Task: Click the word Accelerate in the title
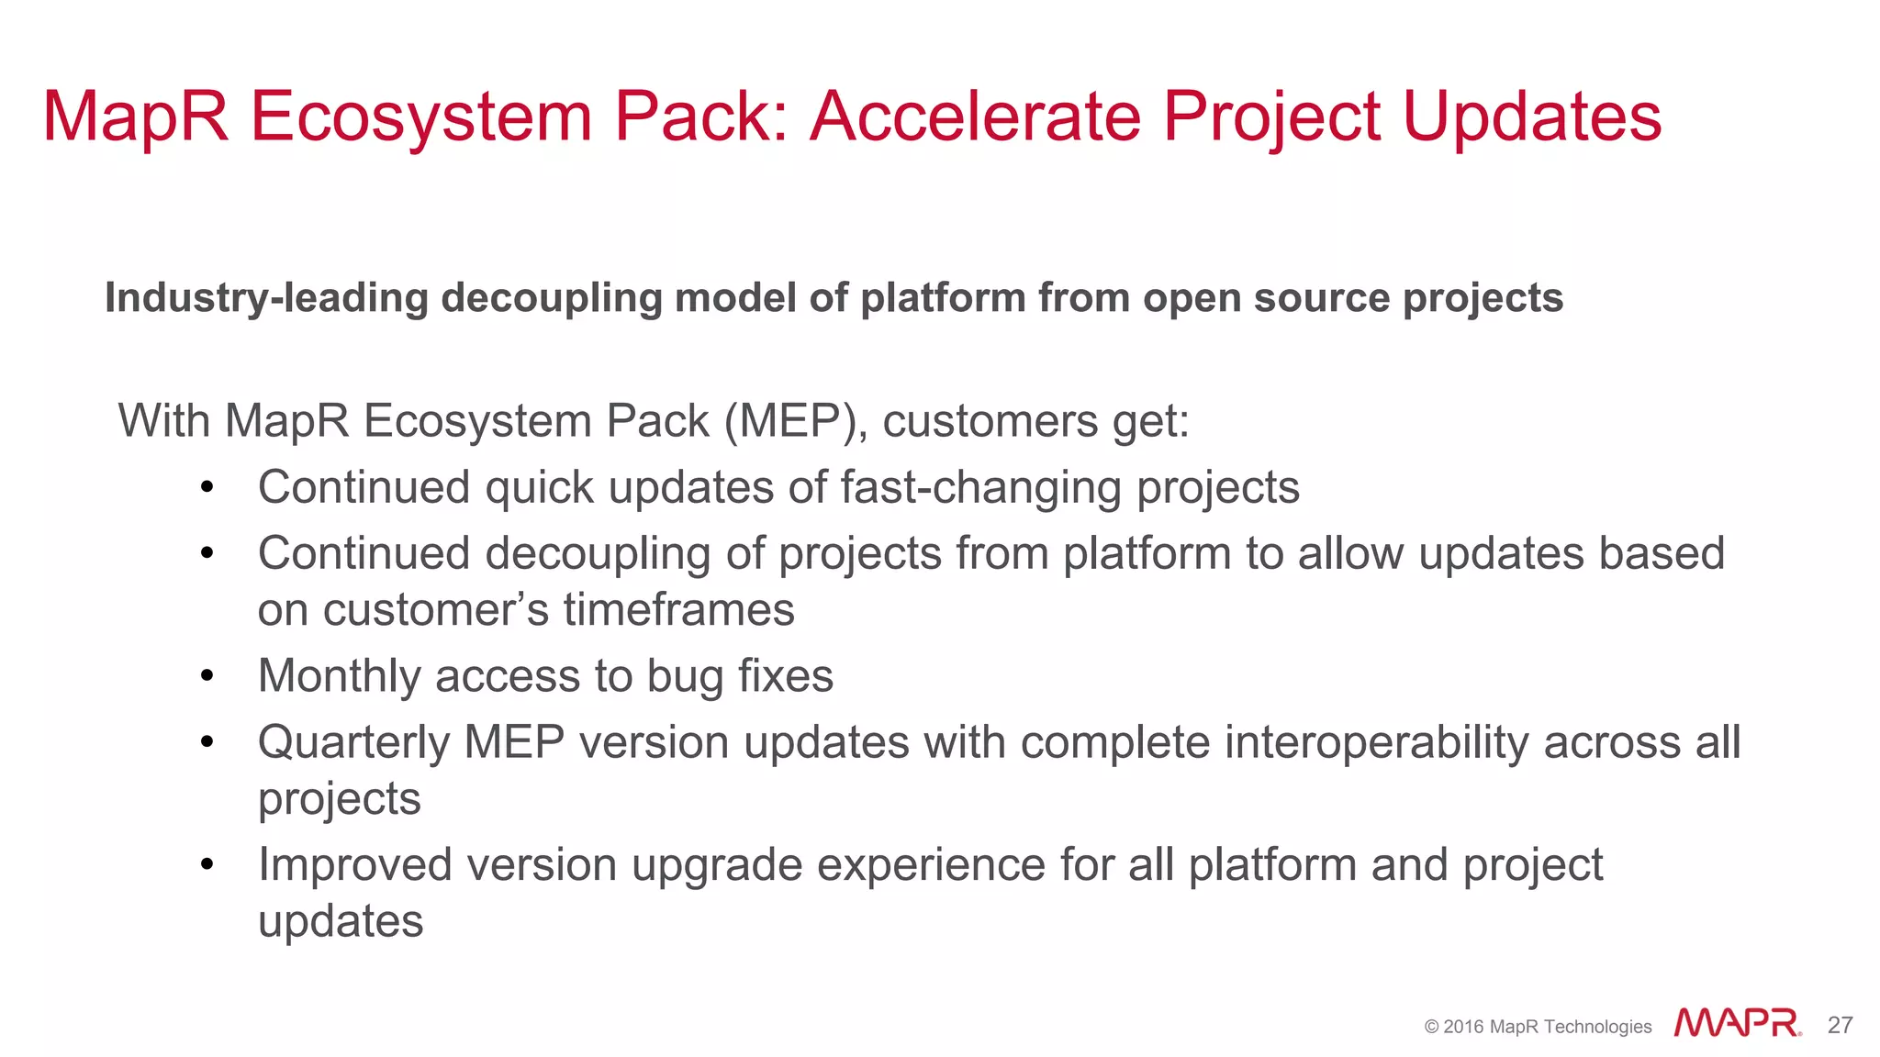tap(975, 117)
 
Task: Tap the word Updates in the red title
tap(1531, 117)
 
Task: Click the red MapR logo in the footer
tap(1736, 1023)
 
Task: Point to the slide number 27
tap(1840, 1025)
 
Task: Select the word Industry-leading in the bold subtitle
tap(266, 298)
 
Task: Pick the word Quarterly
tap(352, 743)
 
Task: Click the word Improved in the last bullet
tap(353, 865)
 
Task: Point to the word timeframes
tap(678, 610)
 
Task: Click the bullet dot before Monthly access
tap(207, 676)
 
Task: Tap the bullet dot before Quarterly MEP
tap(207, 742)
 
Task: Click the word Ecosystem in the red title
tap(421, 117)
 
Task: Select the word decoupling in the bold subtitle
tap(551, 298)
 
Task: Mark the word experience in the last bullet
tap(930, 865)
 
